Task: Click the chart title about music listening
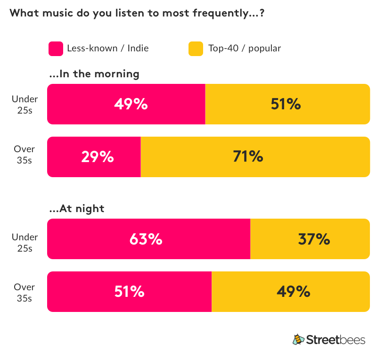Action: coord(137,13)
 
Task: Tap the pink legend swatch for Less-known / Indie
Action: coord(56,49)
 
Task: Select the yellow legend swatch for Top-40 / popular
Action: coord(196,49)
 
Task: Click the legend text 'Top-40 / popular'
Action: coord(245,49)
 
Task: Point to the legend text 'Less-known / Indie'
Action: coord(107,49)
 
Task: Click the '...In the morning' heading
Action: coord(94,74)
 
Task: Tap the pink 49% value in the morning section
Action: coord(131,104)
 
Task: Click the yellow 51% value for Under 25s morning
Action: coord(286,104)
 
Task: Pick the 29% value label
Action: coord(97,157)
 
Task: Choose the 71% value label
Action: coord(248,157)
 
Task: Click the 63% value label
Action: coord(146,239)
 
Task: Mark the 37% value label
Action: coord(313,239)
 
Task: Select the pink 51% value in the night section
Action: coord(129,292)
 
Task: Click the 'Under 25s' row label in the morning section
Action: coord(25,104)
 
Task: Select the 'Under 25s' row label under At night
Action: coord(25,243)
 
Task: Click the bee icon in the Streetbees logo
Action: coord(298,339)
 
